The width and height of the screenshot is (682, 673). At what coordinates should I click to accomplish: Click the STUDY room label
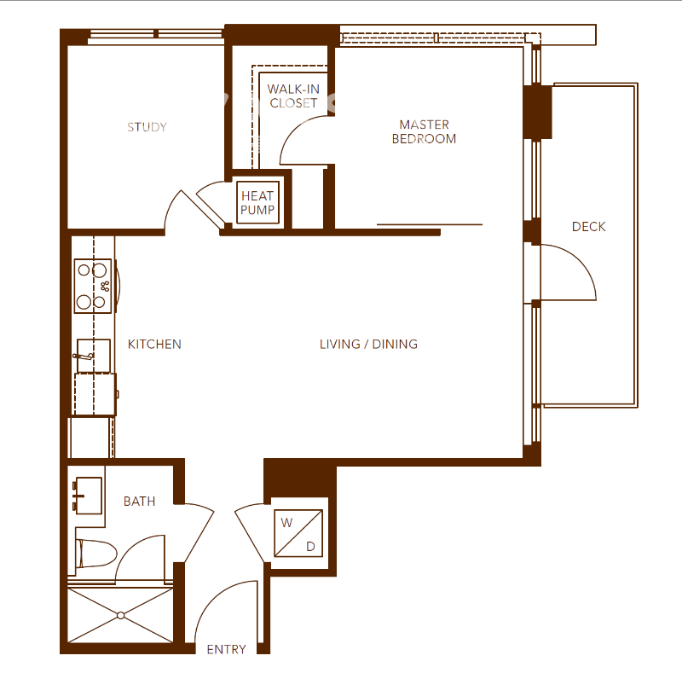[147, 127]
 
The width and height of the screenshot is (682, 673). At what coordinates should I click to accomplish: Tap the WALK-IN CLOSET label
[293, 96]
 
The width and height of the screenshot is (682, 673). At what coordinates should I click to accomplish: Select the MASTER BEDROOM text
[424, 131]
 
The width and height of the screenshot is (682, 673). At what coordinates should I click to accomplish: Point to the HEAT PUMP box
[257, 203]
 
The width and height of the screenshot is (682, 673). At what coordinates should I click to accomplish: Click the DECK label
[588, 226]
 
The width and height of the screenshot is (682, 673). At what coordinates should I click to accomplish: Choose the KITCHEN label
[154, 345]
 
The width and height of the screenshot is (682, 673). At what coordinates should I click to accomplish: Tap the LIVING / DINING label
[368, 345]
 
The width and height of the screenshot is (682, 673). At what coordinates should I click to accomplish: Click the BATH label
[139, 502]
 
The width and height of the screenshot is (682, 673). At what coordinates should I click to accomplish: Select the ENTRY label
[226, 650]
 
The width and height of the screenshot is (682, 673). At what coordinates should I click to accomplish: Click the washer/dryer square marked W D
[298, 534]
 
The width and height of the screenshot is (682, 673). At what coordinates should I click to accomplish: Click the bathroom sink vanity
[86, 496]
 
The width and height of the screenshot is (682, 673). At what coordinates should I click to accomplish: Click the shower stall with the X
[121, 615]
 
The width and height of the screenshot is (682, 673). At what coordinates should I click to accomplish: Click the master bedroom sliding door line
[430, 224]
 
